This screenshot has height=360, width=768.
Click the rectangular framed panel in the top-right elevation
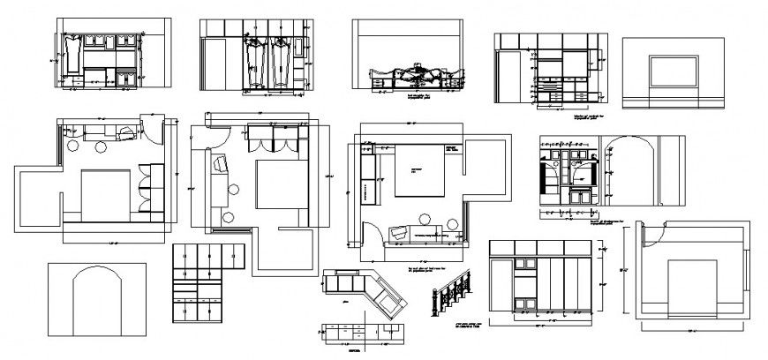coord(674,72)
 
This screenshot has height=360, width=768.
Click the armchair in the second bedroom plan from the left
coord(219,164)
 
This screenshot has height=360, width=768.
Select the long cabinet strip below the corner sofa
coord(363,333)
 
